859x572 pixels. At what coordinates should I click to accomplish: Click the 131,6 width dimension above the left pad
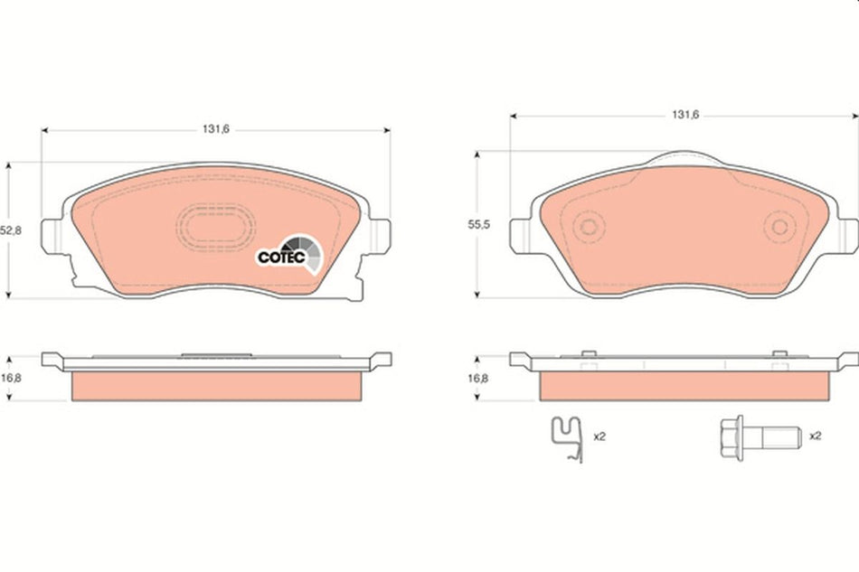[x=215, y=129]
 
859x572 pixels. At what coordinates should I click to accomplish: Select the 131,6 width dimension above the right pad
[x=684, y=115]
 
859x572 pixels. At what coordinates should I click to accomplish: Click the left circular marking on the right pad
[x=589, y=227]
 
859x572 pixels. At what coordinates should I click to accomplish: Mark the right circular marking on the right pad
[x=777, y=227]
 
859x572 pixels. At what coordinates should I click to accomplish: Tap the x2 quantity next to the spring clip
[x=599, y=436]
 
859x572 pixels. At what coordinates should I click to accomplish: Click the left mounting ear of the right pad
[x=523, y=235]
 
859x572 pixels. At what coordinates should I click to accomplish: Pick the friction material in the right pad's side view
[x=684, y=386]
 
